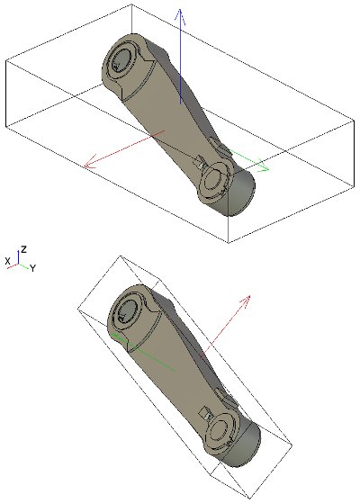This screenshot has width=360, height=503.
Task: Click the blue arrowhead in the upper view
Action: point(180,16)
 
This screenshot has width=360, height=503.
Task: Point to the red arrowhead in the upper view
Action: point(89,161)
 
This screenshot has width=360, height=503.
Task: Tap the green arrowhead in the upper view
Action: point(263,166)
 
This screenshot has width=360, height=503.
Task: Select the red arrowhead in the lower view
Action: point(245,301)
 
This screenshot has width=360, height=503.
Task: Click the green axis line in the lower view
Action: point(142,352)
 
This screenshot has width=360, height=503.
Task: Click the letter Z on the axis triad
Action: point(23,249)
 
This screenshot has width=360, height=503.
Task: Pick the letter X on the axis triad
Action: point(8,261)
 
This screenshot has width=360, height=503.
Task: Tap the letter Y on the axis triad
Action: point(32,268)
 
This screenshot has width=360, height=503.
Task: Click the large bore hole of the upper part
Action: point(121,61)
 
